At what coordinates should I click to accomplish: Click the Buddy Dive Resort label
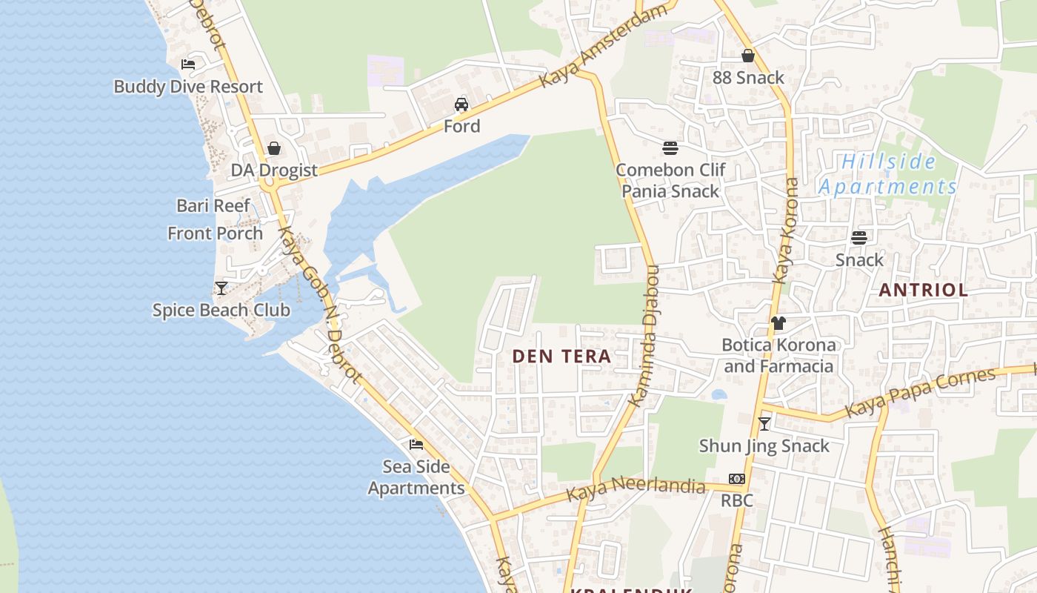tap(187, 87)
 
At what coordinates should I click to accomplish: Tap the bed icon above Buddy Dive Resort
tap(188, 64)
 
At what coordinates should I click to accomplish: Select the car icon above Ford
tap(461, 105)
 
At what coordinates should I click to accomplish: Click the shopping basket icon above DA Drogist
tap(274, 148)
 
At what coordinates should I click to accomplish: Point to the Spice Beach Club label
tap(221, 310)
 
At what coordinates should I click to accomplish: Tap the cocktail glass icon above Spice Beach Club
tap(221, 288)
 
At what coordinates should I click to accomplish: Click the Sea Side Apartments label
tap(416, 477)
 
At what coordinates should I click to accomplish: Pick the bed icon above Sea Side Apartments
tap(416, 445)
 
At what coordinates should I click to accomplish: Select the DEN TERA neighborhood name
tap(561, 357)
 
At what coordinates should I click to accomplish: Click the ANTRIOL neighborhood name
tap(923, 290)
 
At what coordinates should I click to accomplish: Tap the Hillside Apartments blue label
tap(888, 174)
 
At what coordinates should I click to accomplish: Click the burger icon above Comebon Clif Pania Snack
tap(670, 148)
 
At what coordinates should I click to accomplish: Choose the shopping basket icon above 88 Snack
tap(748, 56)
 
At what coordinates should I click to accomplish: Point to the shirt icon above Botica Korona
tap(778, 323)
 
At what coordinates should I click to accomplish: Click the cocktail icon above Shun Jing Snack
tap(764, 424)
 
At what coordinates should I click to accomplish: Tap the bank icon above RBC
tap(736, 479)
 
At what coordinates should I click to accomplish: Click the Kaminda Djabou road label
tap(644, 336)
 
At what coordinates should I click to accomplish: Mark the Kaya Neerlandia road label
tap(636, 488)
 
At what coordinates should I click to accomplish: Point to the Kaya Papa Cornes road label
tap(920, 391)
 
